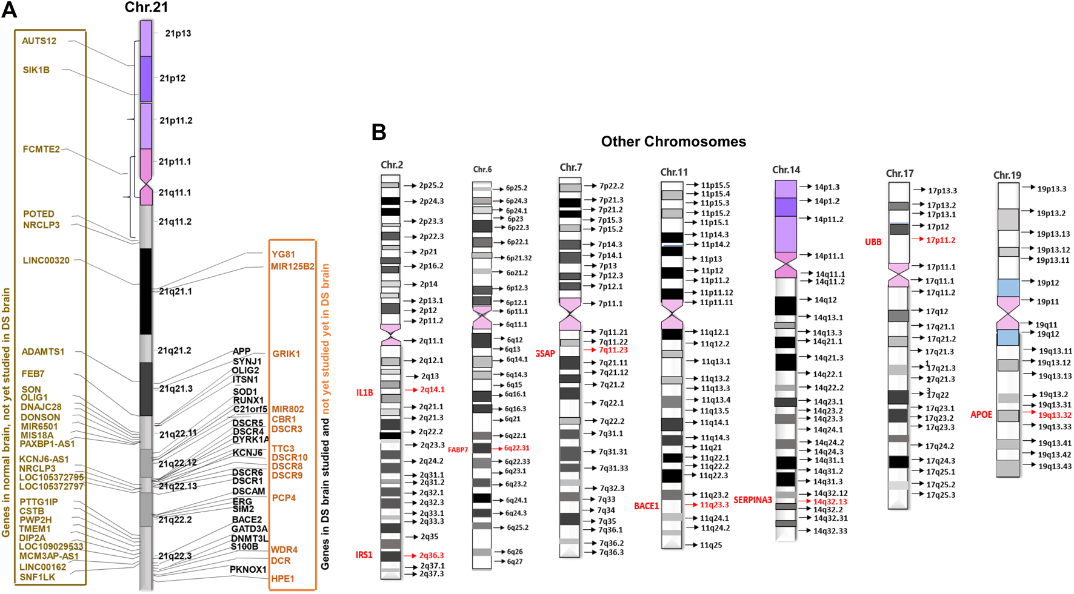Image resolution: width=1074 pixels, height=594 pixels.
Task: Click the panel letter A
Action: tap(9, 10)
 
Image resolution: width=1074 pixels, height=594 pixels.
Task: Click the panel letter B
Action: tap(379, 132)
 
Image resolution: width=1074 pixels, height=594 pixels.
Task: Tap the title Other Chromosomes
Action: tap(673, 142)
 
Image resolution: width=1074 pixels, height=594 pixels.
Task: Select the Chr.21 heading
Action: tap(146, 7)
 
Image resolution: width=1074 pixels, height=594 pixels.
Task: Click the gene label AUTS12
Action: tap(39, 41)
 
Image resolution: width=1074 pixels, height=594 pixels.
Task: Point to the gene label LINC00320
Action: tap(46, 260)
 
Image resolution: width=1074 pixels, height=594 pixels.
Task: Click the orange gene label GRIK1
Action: tap(286, 354)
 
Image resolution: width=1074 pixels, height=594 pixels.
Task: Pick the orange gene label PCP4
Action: tap(284, 498)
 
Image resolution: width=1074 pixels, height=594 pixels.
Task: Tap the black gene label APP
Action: tap(241, 351)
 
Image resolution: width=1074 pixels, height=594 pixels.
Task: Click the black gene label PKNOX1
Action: tap(248, 569)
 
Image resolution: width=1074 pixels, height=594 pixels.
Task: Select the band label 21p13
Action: tap(178, 33)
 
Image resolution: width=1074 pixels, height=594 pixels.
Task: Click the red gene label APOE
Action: tap(981, 415)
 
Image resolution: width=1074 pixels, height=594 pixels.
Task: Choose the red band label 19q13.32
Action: tap(1055, 415)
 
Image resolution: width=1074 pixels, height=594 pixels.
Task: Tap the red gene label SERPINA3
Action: tap(753, 500)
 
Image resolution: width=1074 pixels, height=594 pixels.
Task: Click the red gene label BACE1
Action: tap(646, 506)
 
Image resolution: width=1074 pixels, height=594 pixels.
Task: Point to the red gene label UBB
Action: tap(873, 242)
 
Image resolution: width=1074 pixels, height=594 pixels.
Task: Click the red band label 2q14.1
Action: tap(433, 390)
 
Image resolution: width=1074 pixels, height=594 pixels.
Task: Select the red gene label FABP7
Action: tap(458, 450)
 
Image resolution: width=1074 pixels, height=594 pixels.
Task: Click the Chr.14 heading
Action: tap(786, 170)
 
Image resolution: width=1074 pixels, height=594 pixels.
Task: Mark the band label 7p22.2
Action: tap(611, 186)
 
